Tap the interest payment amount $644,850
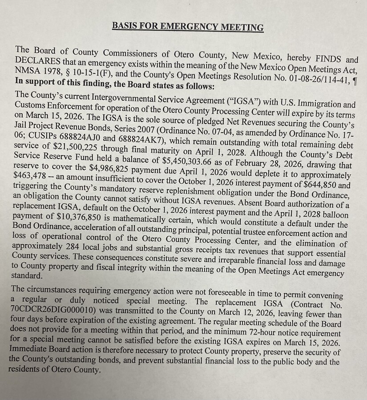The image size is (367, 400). (315, 186)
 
